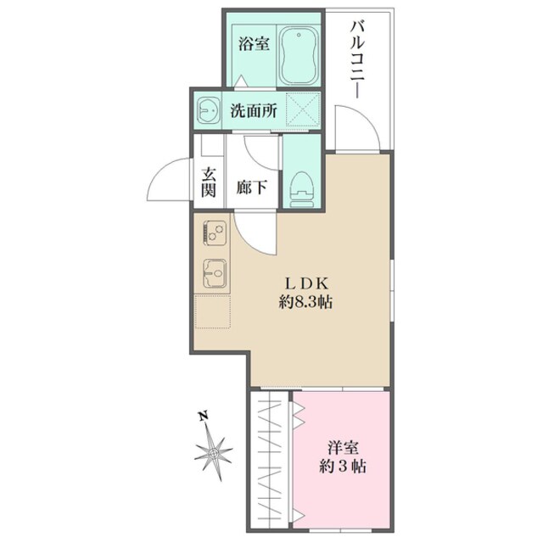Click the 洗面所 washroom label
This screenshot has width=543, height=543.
tap(254, 109)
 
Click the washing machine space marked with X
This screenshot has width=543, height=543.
tap(301, 109)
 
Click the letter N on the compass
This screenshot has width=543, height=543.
tap(202, 417)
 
